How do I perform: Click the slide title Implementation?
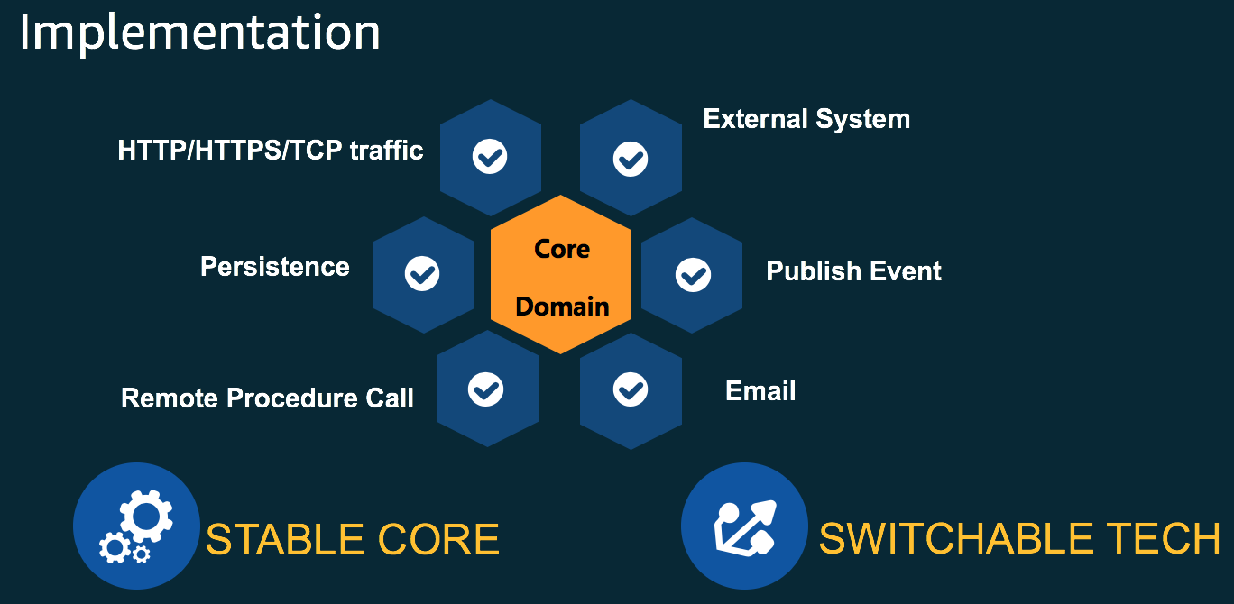[x=199, y=33]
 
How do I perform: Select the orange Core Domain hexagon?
[x=561, y=276]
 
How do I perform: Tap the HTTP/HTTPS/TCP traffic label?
[x=271, y=150]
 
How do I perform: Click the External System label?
[x=806, y=119]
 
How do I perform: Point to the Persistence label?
[x=275, y=267]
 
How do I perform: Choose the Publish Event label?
[x=853, y=271]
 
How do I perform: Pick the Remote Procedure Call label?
[x=267, y=398]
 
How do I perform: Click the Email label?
[x=760, y=391]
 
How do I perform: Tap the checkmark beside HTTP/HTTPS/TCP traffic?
[x=490, y=157]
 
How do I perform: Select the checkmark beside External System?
[x=631, y=159]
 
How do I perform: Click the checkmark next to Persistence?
[x=422, y=273]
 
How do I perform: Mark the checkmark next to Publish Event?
[x=693, y=274]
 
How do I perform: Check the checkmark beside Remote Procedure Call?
[x=486, y=389]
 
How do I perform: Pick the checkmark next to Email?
[x=631, y=389]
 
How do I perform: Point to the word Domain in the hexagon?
[x=562, y=307]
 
